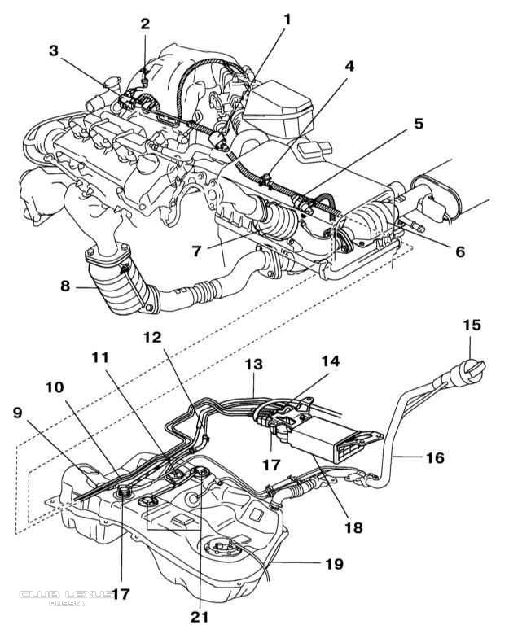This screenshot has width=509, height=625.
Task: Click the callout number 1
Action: (287, 17)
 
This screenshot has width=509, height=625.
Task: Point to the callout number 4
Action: (349, 89)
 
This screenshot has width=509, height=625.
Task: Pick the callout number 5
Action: (419, 124)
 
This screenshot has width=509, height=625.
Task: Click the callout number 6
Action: (460, 252)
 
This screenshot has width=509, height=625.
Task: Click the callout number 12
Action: (153, 335)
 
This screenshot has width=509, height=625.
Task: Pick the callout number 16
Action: (435, 457)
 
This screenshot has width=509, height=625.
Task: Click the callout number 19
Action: (335, 563)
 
